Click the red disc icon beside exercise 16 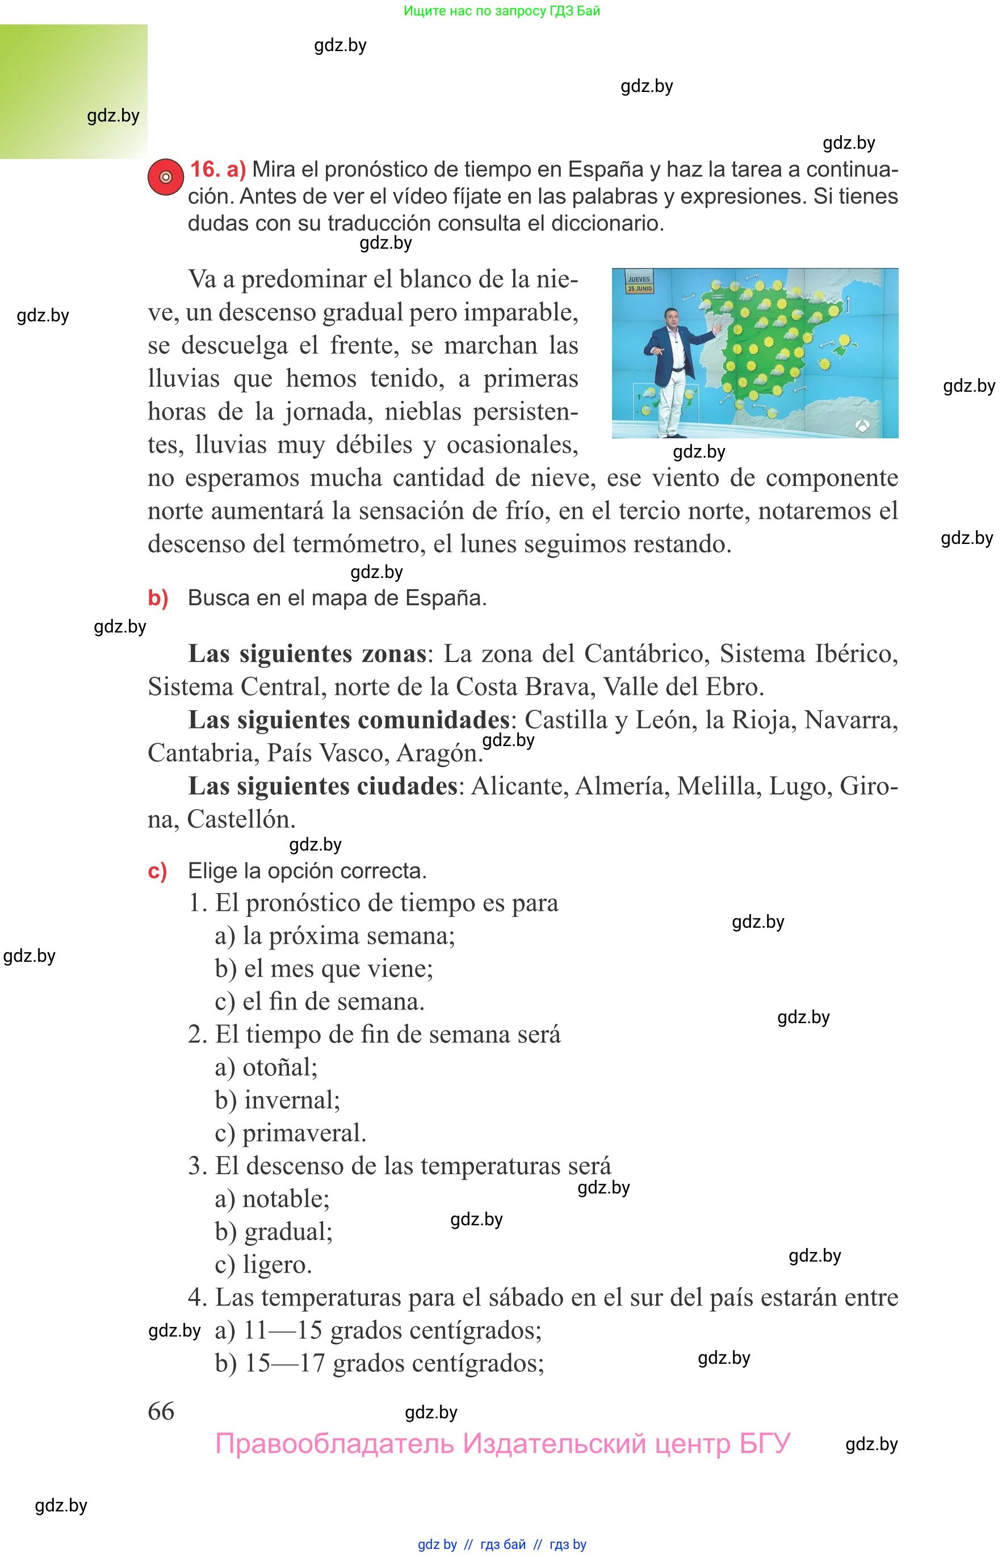pos(166,177)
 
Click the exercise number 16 pos(204,169)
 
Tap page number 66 pos(161,1410)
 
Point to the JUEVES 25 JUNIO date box pos(639,283)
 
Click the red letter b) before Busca pos(158,598)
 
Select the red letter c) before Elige pos(157,871)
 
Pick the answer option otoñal pos(279,1067)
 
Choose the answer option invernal pos(291,1100)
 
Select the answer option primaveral pos(304,1133)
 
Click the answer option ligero pos(277,1264)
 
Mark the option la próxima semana pos(348,936)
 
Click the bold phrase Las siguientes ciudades pos(322,786)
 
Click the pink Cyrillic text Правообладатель pos(334,1443)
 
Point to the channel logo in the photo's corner pos(862,426)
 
